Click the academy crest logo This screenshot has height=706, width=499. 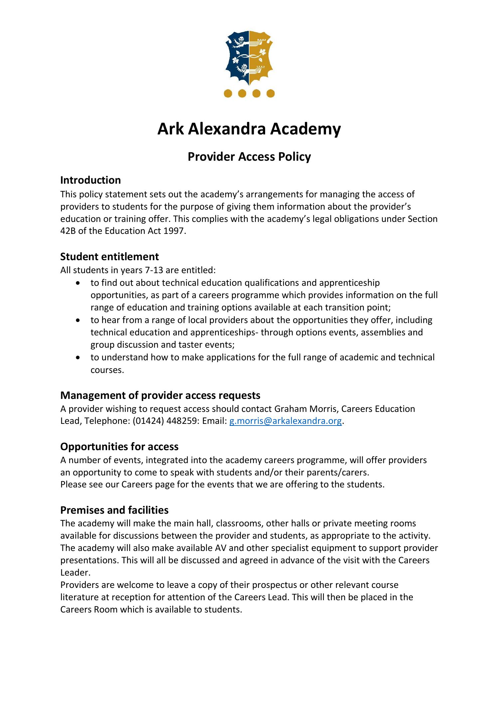[249, 58]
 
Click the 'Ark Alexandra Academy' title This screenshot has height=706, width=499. [249, 129]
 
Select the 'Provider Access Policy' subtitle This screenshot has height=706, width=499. [249, 157]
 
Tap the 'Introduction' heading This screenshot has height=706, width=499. [90, 180]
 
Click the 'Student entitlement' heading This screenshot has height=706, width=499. [109, 257]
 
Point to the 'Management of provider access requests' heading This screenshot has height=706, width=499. [160, 395]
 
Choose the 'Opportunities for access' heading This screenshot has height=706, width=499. [119, 446]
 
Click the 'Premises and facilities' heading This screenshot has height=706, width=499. [114, 510]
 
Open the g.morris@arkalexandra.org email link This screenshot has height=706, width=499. [286, 421]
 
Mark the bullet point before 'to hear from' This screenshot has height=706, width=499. [78, 320]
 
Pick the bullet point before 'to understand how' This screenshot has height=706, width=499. [78, 358]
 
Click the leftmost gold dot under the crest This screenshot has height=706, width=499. [228, 93]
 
